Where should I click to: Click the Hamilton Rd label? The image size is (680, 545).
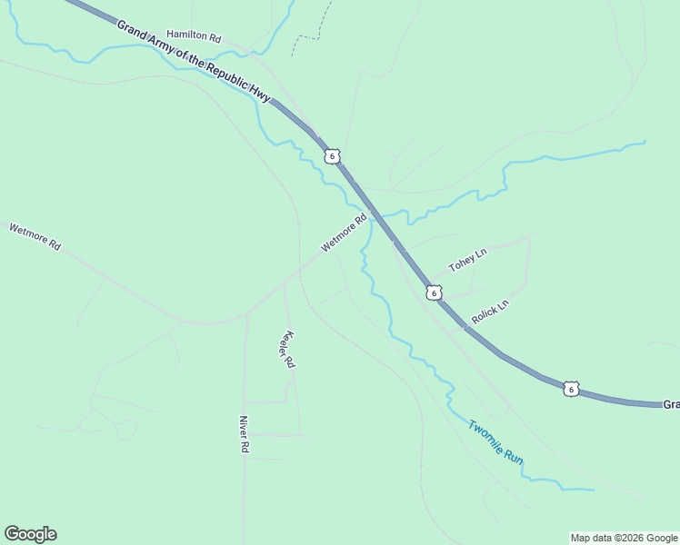(194, 37)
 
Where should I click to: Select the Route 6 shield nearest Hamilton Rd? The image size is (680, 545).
(333, 156)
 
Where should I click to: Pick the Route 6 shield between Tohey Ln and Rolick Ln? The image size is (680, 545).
(435, 292)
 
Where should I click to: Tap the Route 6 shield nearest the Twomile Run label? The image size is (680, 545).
(570, 389)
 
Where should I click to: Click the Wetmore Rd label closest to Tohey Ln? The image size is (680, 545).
(344, 233)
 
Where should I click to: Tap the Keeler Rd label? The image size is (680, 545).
(288, 349)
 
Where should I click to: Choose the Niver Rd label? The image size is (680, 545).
(244, 433)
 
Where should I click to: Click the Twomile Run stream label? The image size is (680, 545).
(496, 441)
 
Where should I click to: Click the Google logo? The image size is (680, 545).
(30, 534)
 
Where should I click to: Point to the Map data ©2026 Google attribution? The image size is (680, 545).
(624, 538)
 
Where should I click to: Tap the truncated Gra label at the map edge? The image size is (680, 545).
(670, 404)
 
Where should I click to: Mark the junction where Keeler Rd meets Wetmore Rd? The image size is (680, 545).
(284, 282)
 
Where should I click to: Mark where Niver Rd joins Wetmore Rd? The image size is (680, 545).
(245, 313)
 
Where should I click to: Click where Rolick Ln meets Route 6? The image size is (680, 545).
(465, 328)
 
